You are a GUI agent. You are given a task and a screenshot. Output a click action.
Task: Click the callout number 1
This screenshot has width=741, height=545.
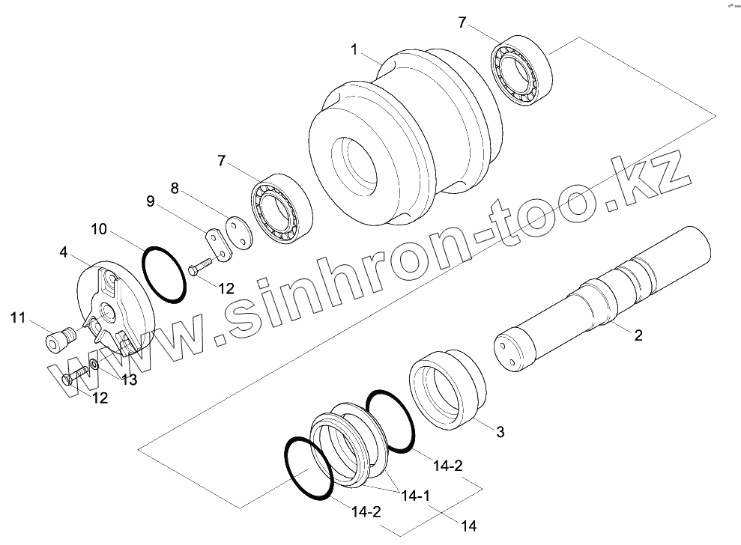coord(354,49)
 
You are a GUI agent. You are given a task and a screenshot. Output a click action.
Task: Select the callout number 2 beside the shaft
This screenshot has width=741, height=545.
coord(638,335)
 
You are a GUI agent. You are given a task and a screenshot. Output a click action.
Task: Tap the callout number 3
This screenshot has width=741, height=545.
coord(500,432)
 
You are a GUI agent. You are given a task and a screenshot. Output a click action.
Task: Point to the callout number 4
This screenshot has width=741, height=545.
coord(64,252)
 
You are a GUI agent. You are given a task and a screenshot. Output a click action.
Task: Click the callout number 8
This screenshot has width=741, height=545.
coord(175,189)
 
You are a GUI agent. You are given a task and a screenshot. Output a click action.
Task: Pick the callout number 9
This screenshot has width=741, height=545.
coord(151,201)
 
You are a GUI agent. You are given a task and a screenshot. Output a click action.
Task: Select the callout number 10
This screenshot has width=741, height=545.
coord(99,229)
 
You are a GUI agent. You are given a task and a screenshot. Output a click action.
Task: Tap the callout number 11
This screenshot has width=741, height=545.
coord(18,318)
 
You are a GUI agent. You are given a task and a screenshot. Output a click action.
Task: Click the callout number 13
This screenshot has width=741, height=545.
coord(129,380)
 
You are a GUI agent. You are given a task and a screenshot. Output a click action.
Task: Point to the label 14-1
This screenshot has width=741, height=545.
coord(415,496)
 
